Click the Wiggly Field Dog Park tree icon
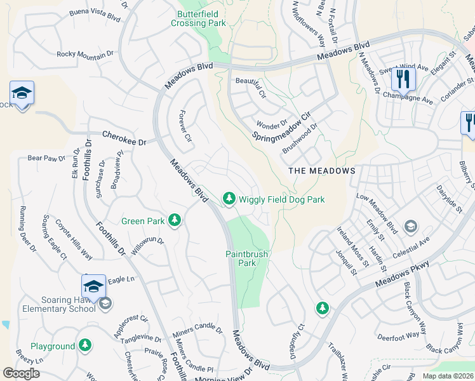pyautogui.click(x=229, y=199)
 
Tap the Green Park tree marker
pyautogui.click(x=175, y=221)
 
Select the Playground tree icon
pyautogui.click(x=85, y=346)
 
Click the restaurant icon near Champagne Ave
pyautogui.click(x=403, y=79)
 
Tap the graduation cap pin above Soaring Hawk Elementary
pyautogui.click(x=94, y=286)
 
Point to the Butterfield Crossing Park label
pyautogui.click(x=198, y=18)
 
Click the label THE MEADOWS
pyautogui.click(x=322, y=171)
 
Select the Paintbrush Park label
pyautogui.click(x=247, y=258)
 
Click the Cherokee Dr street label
pyautogui.click(x=124, y=137)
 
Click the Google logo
pyautogui.click(x=21, y=373)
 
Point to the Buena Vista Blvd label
pyautogui.click(x=95, y=12)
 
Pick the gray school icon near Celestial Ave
pyautogui.click(x=411, y=226)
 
